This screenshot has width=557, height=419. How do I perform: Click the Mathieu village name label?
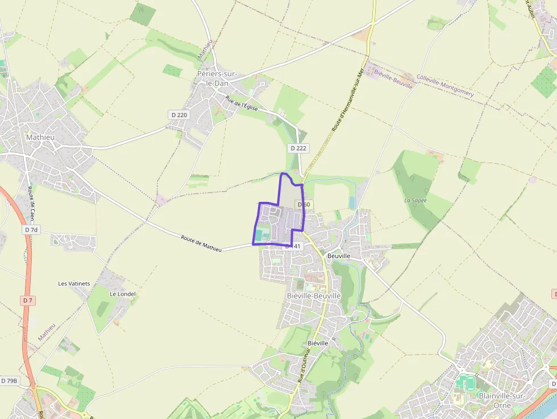(40, 137)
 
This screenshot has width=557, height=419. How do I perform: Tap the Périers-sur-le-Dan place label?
(217, 78)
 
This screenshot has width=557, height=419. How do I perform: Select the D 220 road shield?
(179, 115)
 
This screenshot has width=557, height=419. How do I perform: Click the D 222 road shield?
(298, 148)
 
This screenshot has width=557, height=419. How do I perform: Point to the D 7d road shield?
(31, 230)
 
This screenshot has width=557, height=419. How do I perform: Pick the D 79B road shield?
(10, 380)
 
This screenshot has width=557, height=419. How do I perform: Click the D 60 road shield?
(304, 205)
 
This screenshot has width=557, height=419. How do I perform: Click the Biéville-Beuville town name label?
(314, 296)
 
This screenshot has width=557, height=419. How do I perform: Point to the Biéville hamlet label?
(318, 343)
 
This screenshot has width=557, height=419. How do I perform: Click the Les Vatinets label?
(74, 283)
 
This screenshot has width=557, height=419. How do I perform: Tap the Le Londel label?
(123, 294)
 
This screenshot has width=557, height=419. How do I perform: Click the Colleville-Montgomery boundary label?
(445, 85)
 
